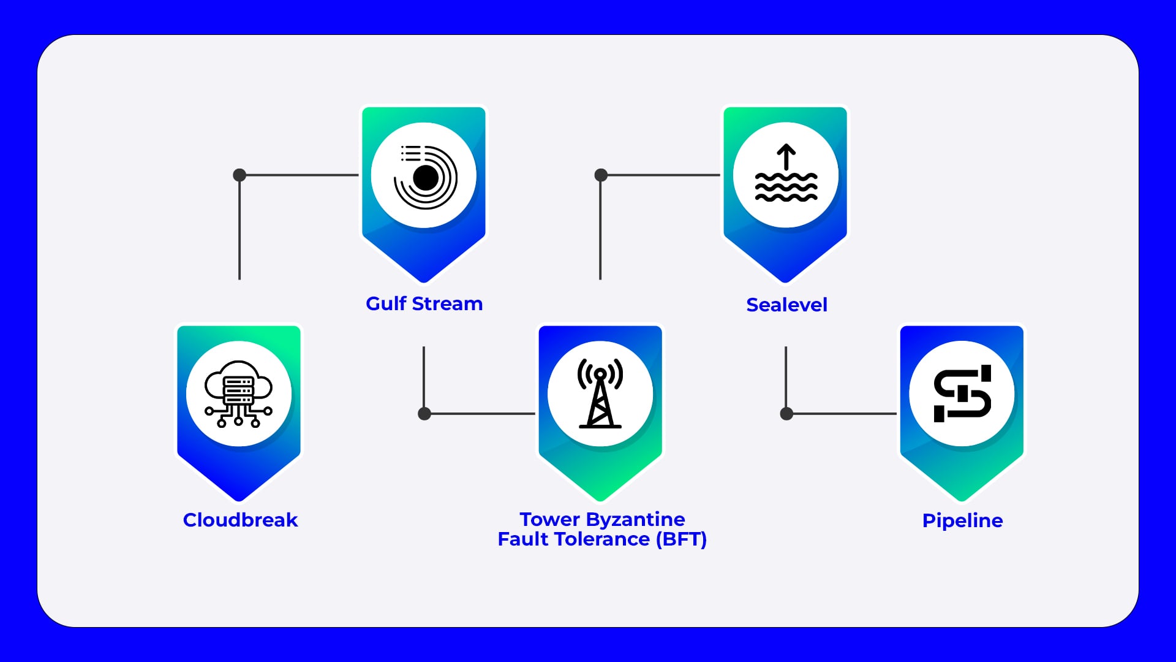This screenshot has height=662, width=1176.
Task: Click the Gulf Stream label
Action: (x=424, y=303)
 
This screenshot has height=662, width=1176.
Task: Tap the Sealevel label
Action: (x=786, y=305)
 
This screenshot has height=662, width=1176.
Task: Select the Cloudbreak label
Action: (x=240, y=520)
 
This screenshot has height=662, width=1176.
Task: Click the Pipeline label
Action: (x=962, y=520)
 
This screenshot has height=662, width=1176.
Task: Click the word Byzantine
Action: (x=635, y=519)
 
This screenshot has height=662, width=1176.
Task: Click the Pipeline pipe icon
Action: (x=962, y=394)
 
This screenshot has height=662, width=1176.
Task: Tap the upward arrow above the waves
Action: (x=786, y=157)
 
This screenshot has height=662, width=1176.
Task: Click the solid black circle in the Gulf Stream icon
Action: (x=426, y=178)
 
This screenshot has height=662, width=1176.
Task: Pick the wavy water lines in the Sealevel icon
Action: (x=786, y=187)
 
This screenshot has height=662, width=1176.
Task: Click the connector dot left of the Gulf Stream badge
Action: (x=239, y=175)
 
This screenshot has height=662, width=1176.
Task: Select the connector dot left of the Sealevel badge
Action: (x=601, y=175)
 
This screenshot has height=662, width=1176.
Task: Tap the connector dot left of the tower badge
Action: (x=424, y=414)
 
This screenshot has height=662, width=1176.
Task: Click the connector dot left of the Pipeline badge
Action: (x=786, y=414)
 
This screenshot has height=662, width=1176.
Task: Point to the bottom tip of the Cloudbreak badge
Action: (x=239, y=498)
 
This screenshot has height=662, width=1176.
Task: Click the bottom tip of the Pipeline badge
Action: (x=962, y=498)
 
